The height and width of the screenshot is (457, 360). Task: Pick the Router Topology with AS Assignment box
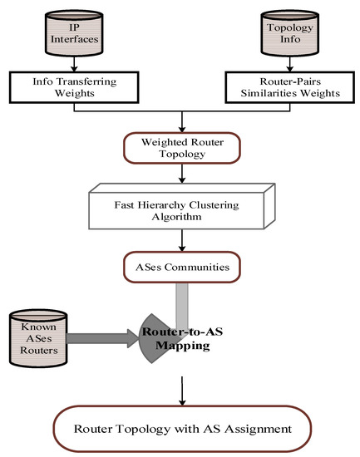[181, 429]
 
